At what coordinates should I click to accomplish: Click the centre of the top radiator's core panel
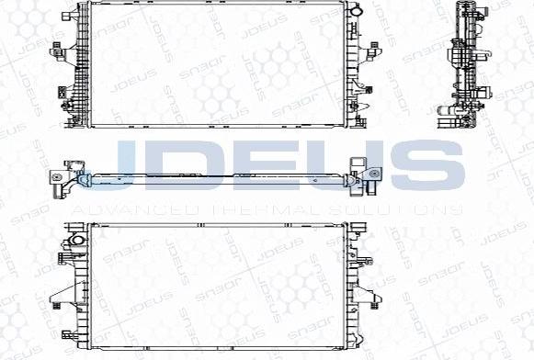click(x=217, y=65)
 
